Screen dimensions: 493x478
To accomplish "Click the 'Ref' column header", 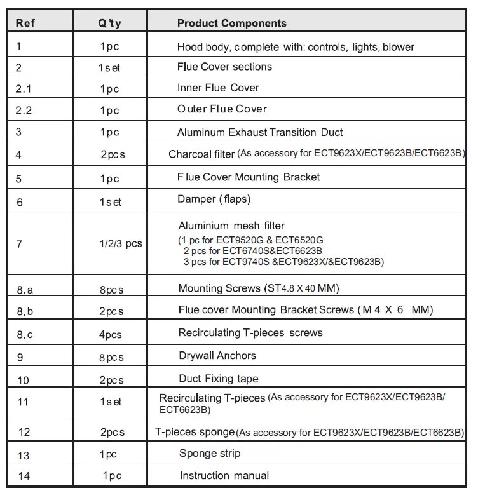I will coord(25,24).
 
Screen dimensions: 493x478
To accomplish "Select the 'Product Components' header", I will coord(231,24).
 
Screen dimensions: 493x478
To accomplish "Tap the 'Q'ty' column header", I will coord(109,24).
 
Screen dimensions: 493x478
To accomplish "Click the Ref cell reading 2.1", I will coord(23,88).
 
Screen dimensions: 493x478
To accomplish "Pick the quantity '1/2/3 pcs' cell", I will coord(121,244).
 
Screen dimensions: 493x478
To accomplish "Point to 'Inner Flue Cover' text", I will coord(218,88).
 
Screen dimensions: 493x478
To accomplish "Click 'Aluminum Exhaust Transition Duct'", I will coord(260,132).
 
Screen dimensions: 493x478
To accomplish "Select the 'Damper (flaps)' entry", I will coord(214,199).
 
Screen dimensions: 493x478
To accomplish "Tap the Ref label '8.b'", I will coord(25,311).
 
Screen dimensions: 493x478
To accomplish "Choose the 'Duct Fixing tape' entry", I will coord(219,379).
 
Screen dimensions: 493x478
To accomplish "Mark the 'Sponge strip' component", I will coord(210,453).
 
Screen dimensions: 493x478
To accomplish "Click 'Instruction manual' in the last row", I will coord(224,475).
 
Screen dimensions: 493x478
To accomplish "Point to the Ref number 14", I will coord(24,476).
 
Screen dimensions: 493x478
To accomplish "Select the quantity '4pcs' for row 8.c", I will coord(111,334).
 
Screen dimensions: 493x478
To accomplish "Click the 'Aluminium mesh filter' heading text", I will coord(231,226).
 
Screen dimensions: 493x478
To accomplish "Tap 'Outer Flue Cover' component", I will coord(222,109).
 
